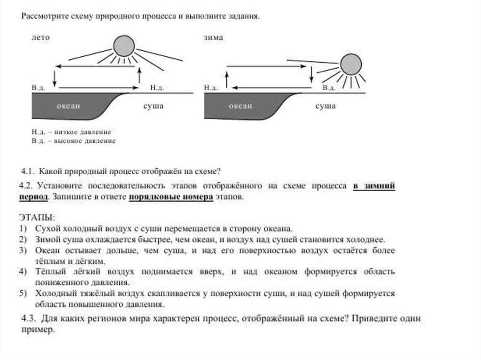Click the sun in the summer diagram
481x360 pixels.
click(124, 46)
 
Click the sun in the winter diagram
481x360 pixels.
click(350, 64)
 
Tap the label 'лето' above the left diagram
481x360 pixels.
click(40, 38)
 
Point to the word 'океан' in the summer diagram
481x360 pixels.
click(69, 106)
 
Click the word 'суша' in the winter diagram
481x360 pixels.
click(325, 106)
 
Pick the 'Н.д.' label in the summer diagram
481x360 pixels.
click(156, 88)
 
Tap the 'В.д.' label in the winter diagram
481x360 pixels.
click(329, 88)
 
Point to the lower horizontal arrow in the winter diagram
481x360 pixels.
click(272, 87)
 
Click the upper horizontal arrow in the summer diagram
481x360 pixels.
click(97, 66)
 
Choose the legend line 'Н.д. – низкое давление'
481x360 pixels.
click(71, 132)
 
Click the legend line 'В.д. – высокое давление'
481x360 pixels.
click(73, 140)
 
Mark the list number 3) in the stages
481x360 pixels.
click(23, 251)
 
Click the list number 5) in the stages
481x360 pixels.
click(23, 293)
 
